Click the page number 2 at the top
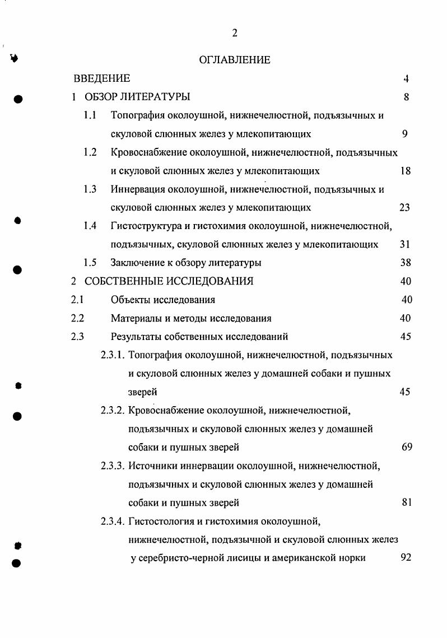(x=235, y=33)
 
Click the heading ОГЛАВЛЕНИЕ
(x=235, y=60)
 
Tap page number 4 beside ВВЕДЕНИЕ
(x=406, y=78)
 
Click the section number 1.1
(x=90, y=115)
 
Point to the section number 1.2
(x=90, y=152)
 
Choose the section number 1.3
(x=90, y=189)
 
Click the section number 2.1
(x=77, y=300)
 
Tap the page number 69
(x=407, y=447)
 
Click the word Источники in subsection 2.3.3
(x=152, y=465)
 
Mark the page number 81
(x=407, y=502)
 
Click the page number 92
(x=406, y=558)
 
